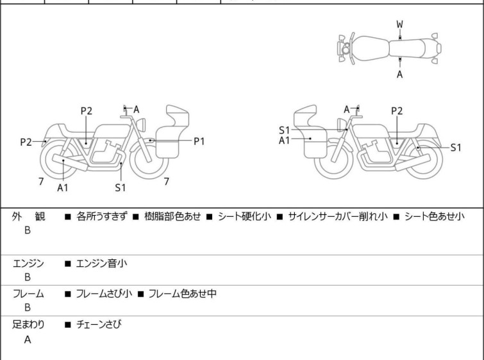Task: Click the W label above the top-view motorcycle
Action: click(x=399, y=24)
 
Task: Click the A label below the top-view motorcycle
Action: click(x=399, y=74)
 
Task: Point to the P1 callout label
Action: click(x=199, y=141)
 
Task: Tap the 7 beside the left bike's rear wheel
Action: click(x=41, y=182)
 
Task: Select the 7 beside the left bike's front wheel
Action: click(x=166, y=182)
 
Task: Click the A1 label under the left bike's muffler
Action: click(x=63, y=188)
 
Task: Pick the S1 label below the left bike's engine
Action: click(x=121, y=188)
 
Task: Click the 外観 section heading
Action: click(x=28, y=217)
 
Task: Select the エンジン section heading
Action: click(x=28, y=263)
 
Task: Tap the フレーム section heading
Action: click(x=28, y=294)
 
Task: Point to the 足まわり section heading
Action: click(x=28, y=325)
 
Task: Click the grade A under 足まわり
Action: click(x=28, y=340)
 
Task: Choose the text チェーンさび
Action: click(x=99, y=325)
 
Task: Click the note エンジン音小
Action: click(x=103, y=263)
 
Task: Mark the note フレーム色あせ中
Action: click(x=182, y=294)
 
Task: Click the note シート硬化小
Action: click(x=244, y=217)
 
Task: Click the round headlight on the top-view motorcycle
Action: click(x=346, y=49)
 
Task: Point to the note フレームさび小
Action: click(x=104, y=294)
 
